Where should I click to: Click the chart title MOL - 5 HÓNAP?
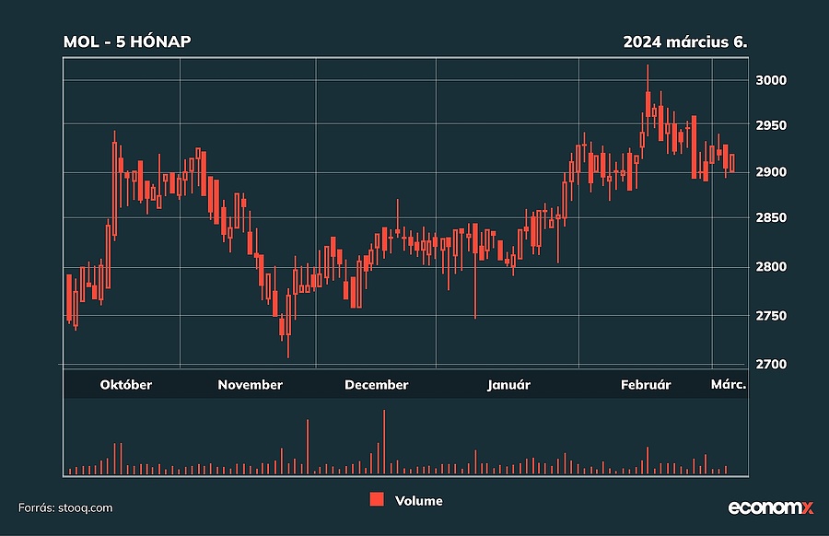[x=127, y=41]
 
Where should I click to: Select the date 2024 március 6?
[x=684, y=41]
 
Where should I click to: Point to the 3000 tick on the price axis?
[x=770, y=80]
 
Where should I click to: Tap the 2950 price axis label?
[x=770, y=125]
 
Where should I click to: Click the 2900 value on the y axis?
[x=770, y=172]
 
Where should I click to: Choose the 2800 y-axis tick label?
[x=770, y=267]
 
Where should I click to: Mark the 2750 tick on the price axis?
[x=770, y=316]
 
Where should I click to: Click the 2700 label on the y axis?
[x=770, y=365]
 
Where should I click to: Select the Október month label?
[x=126, y=385]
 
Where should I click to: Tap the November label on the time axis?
[x=250, y=385]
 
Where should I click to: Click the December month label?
[x=376, y=385]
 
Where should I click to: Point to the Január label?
[x=508, y=385]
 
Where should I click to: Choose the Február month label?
[x=644, y=385]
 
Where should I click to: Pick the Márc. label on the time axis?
[x=727, y=385]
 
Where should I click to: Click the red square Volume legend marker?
[x=376, y=500]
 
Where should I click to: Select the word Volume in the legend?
[x=418, y=501]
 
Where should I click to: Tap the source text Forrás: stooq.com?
[x=65, y=507]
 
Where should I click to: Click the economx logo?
[x=771, y=507]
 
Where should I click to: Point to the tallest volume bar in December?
[x=384, y=442]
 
